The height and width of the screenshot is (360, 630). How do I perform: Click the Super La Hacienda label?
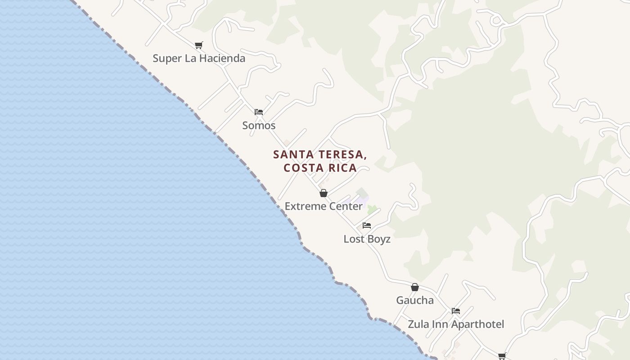click(199, 58)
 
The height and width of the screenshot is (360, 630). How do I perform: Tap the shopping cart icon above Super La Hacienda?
click(199, 45)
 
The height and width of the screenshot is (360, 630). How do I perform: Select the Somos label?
click(259, 126)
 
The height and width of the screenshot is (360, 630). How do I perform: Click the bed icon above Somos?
click(259, 112)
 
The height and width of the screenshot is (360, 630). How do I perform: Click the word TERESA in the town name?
click(342, 155)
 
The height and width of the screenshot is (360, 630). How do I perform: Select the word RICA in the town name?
click(345, 168)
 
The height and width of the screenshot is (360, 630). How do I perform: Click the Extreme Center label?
click(324, 207)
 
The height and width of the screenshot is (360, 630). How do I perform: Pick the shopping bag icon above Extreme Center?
click(324, 193)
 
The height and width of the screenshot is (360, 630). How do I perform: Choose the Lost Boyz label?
click(367, 239)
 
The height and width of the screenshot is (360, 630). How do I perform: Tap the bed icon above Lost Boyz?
click(367, 225)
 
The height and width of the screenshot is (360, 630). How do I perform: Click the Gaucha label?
click(415, 301)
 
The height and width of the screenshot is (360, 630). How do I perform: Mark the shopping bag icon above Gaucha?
click(415, 287)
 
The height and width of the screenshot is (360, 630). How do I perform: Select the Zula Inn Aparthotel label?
click(456, 324)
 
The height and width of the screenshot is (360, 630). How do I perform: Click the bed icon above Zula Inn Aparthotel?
click(456, 311)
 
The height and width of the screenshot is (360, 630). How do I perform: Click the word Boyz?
click(379, 239)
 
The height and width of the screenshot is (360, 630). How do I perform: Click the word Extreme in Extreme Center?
click(304, 207)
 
